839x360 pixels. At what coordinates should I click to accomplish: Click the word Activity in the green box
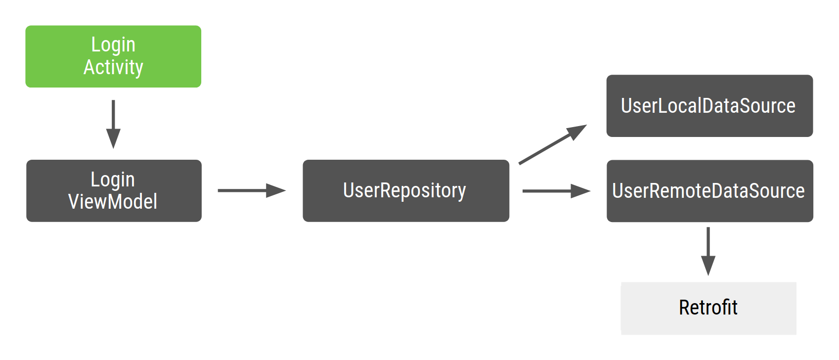113,68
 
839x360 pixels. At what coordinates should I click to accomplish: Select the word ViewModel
113,202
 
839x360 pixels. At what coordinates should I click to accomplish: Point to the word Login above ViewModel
113,180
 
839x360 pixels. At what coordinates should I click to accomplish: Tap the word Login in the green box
113,45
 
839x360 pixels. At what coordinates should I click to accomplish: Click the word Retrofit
708,308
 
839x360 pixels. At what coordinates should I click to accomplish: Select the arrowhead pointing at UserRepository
276,190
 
